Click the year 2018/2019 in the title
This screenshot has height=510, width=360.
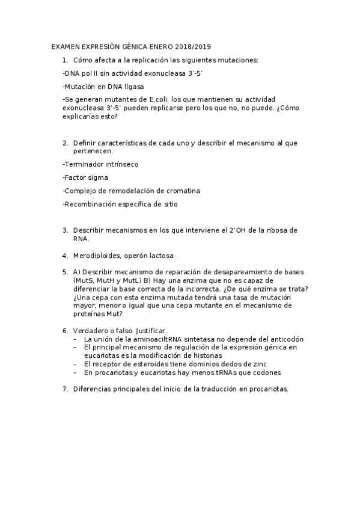coord(193,46)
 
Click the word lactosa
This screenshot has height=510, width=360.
coord(160,256)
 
